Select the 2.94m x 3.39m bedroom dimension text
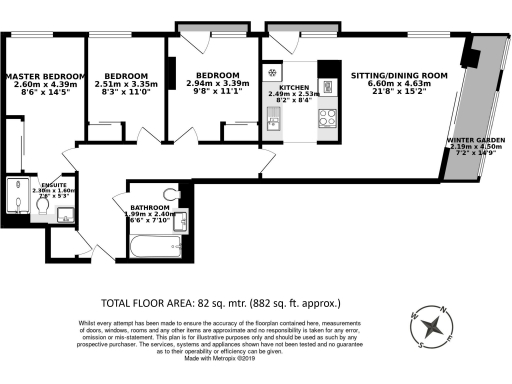pyautogui.click(x=216, y=84)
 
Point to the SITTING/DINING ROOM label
pyautogui.click(x=398, y=75)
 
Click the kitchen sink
pyautogui.click(x=273, y=125)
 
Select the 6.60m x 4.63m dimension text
pyautogui.click(x=398, y=85)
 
